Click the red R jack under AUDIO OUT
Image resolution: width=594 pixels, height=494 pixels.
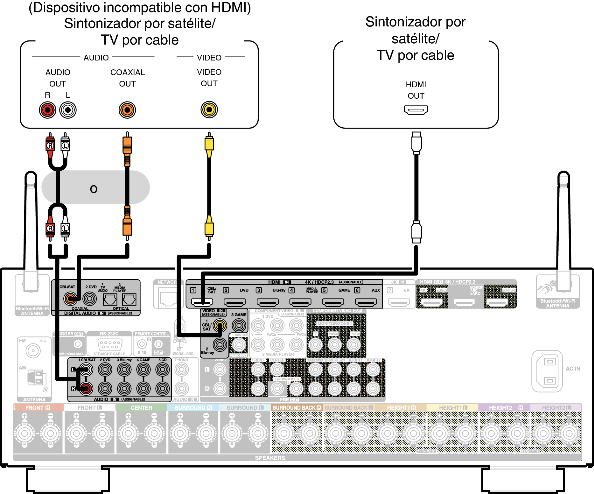[47, 110]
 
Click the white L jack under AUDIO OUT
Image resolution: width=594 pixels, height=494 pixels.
[68, 110]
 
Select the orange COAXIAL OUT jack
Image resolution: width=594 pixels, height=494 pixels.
[127, 110]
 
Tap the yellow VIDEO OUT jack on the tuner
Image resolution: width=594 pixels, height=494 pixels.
[209, 110]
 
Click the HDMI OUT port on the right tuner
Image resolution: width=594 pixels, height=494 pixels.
[416, 110]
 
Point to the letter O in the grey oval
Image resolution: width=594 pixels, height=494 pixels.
[94, 189]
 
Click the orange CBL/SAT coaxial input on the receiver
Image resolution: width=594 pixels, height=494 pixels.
[70, 299]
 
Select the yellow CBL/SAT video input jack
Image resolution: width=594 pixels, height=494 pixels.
[220, 325]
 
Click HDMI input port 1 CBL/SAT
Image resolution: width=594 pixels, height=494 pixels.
[202, 302]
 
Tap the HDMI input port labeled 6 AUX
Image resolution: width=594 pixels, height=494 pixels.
[366, 302]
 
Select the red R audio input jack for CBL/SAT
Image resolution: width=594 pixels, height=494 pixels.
[86, 388]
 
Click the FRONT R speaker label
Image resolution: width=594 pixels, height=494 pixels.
[38, 408]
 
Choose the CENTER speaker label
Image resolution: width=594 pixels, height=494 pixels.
[141, 408]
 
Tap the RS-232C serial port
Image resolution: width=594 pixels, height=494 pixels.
[109, 345]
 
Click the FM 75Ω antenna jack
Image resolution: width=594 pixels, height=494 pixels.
[33, 351]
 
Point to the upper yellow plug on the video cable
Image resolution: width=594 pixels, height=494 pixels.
[209, 144]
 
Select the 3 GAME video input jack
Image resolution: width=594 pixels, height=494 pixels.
[239, 325]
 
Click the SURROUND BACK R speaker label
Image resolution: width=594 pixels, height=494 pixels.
[297, 408]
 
